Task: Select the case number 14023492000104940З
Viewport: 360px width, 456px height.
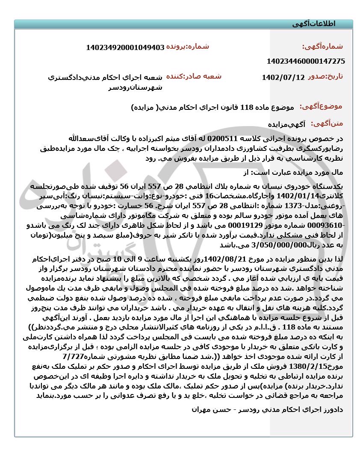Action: tap(125, 47)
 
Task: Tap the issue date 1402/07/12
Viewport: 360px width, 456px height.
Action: tap(283, 77)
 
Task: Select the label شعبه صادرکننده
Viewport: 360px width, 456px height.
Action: tap(193, 76)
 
